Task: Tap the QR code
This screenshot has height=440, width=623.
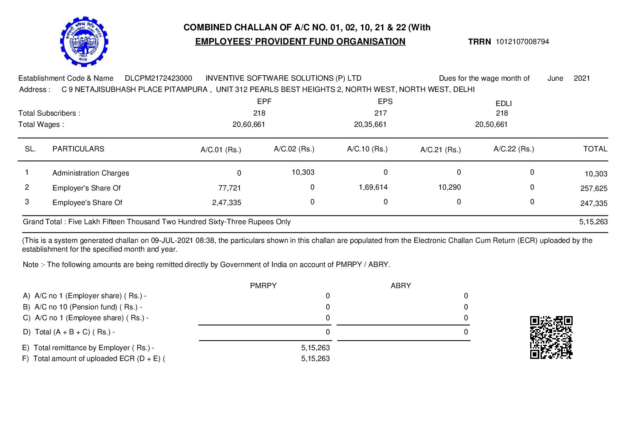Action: [551, 337]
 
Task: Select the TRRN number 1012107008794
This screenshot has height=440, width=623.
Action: [522, 42]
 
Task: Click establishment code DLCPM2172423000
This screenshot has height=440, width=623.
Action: [159, 78]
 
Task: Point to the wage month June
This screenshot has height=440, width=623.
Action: [555, 78]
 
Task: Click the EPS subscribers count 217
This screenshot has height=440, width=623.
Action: [380, 113]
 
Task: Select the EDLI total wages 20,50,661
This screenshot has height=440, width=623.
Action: [491, 124]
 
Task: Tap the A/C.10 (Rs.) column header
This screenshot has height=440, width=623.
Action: [367, 149]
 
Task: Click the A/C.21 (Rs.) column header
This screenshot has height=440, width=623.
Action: [440, 150]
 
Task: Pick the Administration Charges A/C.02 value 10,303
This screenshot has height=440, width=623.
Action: [303, 172]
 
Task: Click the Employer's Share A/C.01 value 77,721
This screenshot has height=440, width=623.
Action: [230, 188]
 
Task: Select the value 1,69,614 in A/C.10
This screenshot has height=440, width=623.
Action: [373, 187]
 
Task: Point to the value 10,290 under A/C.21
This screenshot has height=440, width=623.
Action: [449, 187]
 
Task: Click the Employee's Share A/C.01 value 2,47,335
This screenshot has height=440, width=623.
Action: [227, 203]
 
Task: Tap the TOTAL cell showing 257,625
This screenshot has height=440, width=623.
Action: [594, 188]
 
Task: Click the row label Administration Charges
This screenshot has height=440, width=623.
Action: [91, 173]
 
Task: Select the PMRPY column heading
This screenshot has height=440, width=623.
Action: [263, 286]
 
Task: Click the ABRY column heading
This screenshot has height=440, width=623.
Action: [401, 286]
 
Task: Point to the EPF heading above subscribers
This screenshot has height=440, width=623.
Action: [264, 101]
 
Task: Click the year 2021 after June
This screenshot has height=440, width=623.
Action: [581, 78]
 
